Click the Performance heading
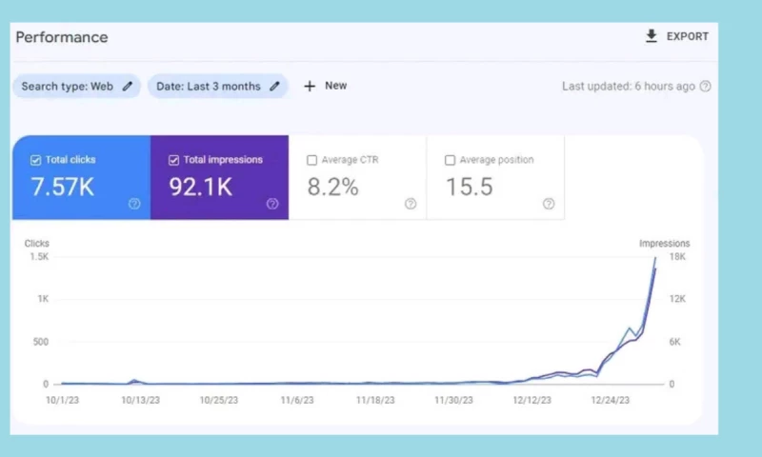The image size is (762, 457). point(62,37)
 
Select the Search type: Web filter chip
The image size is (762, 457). point(76,87)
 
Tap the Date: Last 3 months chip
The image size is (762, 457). point(218,87)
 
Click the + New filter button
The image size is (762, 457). point(325,86)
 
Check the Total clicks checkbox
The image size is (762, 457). point(35,160)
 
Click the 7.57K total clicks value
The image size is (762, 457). point(63,188)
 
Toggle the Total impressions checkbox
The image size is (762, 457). point(173,160)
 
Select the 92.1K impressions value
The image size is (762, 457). point(201,188)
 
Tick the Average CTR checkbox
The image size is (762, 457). point(311,160)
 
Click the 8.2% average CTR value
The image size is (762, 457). point(332,188)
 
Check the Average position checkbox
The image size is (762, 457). point(450,160)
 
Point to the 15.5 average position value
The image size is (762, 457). point(470,188)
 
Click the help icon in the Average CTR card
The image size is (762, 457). point(411,204)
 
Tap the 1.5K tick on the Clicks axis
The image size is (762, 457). point(38,257)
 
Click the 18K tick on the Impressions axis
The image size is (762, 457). point(677,257)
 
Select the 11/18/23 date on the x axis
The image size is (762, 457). point(374,401)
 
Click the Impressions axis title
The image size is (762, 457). point(664,244)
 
